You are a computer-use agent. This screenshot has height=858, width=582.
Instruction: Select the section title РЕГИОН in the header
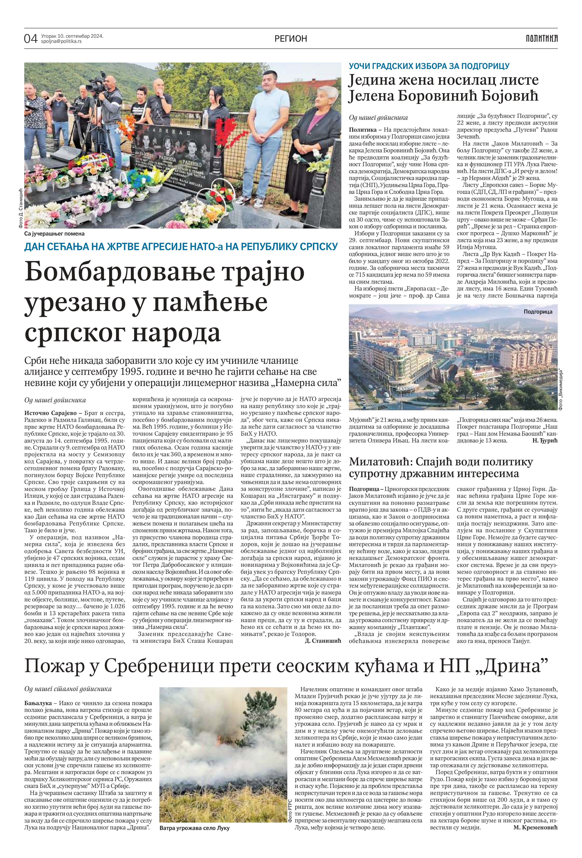291,38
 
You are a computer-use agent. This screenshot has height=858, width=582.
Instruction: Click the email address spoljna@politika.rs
62,41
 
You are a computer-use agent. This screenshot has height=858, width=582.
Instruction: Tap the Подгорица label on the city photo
538,312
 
